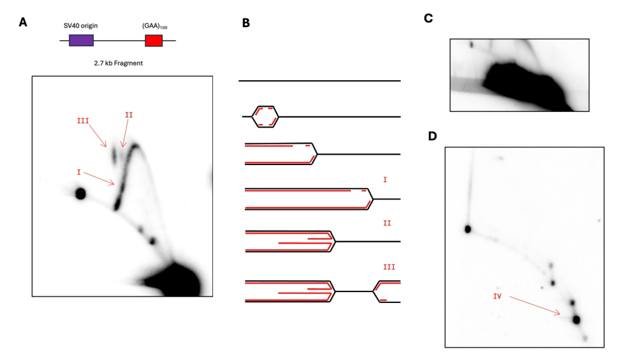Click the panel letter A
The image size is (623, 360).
point(23,22)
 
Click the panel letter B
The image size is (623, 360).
point(246,23)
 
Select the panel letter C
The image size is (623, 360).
point(428,18)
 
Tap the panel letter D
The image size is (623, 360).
point(433,136)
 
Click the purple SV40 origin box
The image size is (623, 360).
point(82,41)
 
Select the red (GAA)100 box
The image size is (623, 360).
point(153,41)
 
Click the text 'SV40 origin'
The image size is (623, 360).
point(81,26)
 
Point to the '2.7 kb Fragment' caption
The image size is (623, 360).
point(119,63)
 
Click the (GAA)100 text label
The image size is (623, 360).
point(155,27)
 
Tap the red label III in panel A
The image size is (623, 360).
point(83,121)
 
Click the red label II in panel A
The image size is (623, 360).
point(129,115)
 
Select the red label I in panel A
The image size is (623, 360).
point(78,172)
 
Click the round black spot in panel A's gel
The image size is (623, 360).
point(81,194)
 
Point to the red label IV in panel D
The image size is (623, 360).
point(497,297)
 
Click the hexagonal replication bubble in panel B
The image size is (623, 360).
point(266,117)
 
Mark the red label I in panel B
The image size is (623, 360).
point(385,180)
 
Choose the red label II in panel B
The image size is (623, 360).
point(387,223)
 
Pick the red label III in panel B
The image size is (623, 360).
point(389,267)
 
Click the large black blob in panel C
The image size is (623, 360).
point(525,85)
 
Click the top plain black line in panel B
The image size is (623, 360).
point(319,81)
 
